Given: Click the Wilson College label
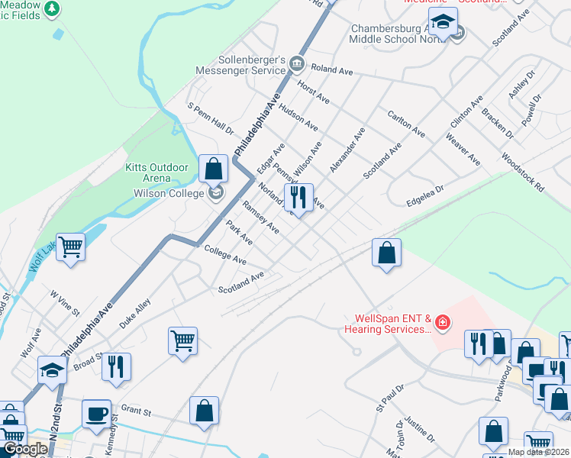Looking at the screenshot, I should [x=161, y=194].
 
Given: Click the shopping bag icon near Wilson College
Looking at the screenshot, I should [x=214, y=168].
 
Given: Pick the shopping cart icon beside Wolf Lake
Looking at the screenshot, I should [x=70, y=247].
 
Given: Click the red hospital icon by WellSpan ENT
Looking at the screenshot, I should [x=441, y=324].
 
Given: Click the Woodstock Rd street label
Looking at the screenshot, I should [x=523, y=173].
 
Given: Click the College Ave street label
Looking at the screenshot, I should [x=224, y=255].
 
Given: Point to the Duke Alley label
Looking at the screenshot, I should [x=135, y=313].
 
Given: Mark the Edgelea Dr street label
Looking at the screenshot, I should [x=425, y=193].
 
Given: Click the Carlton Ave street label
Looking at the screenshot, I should [x=406, y=122].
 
